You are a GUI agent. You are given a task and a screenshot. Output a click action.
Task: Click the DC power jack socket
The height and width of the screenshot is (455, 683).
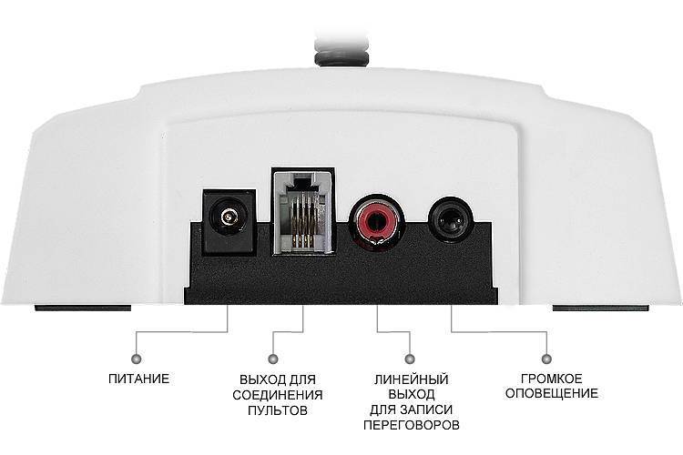[x=229, y=221]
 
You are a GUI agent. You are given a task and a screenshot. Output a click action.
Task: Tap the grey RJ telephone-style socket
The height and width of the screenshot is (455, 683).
[x=303, y=211]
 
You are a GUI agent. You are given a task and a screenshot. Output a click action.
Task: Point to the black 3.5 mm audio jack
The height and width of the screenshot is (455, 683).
[x=451, y=218]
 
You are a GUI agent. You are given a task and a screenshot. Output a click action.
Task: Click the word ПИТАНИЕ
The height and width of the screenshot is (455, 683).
[x=139, y=379]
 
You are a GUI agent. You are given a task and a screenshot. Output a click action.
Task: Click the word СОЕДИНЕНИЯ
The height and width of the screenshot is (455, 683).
[x=278, y=395]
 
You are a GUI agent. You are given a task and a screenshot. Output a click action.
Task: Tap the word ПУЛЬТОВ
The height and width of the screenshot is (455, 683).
[x=278, y=410]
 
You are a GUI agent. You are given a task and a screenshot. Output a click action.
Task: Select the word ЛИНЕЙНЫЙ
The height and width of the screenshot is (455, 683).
[x=412, y=379]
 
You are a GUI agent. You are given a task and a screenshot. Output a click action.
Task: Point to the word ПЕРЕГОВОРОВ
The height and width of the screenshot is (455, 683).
[x=412, y=425]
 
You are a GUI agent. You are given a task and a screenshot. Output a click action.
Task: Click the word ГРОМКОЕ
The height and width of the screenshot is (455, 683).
[x=552, y=379]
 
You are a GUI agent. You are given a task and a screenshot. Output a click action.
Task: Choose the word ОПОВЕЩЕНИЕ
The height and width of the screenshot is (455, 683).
[x=552, y=393]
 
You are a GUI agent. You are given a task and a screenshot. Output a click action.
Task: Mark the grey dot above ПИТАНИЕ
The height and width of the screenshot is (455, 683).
[x=137, y=359]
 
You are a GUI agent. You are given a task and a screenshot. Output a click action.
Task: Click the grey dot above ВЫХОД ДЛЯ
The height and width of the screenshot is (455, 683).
[x=273, y=359]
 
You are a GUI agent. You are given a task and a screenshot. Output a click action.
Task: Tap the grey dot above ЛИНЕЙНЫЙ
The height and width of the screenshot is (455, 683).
[x=410, y=359]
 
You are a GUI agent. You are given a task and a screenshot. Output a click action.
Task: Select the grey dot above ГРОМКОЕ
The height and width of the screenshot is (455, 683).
[x=546, y=359]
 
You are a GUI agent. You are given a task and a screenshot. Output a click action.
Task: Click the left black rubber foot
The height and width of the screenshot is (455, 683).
[x=83, y=308]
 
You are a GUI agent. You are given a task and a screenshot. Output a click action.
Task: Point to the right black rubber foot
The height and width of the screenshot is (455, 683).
[x=601, y=308]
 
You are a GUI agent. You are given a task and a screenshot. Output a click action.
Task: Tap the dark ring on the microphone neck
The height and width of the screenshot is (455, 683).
[x=341, y=57]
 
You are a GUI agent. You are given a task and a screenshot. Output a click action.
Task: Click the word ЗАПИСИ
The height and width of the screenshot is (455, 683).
[x=432, y=409]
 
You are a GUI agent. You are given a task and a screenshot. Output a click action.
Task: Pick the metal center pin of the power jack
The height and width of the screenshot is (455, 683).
[x=228, y=217]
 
